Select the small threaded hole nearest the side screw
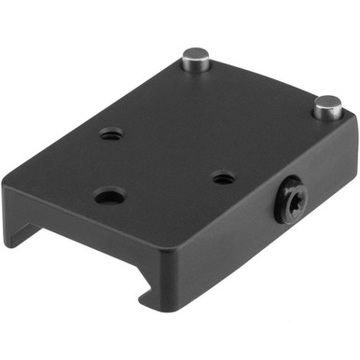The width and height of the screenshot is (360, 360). coord(222,176)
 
